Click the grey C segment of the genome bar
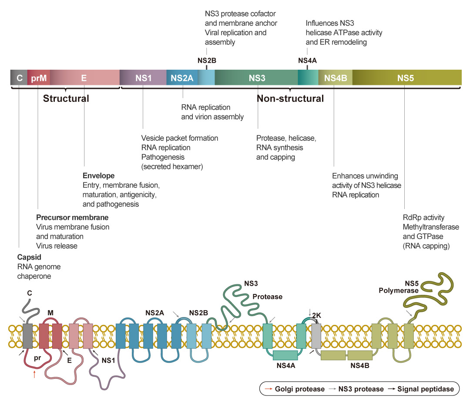coord(19,78)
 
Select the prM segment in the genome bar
coord(38,78)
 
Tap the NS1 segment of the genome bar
coord(143,78)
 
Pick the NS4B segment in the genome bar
coord(335,78)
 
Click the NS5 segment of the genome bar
coord(405,78)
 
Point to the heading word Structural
coord(66,98)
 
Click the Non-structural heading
coord(290,98)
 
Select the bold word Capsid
coord(29,257)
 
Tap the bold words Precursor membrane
coord(72,217)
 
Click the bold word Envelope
coord(98,176)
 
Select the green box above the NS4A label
coord(285,355)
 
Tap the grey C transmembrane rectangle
coord(28,335)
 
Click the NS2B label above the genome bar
coord(207,61)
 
